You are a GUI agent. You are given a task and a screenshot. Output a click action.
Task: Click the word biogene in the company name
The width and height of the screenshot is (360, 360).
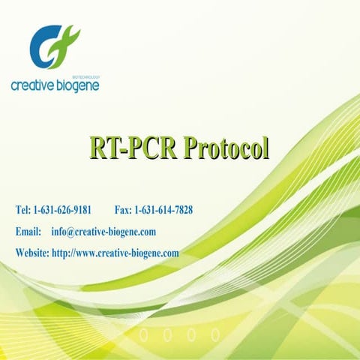pyautogui.click(x=78, y=85)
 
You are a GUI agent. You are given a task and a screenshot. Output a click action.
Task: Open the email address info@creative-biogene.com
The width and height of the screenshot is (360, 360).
pyautogui.click(x=103, y=232)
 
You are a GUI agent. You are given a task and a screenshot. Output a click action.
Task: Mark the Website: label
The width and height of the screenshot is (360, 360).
pyautogui.click(x=32, y=253)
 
